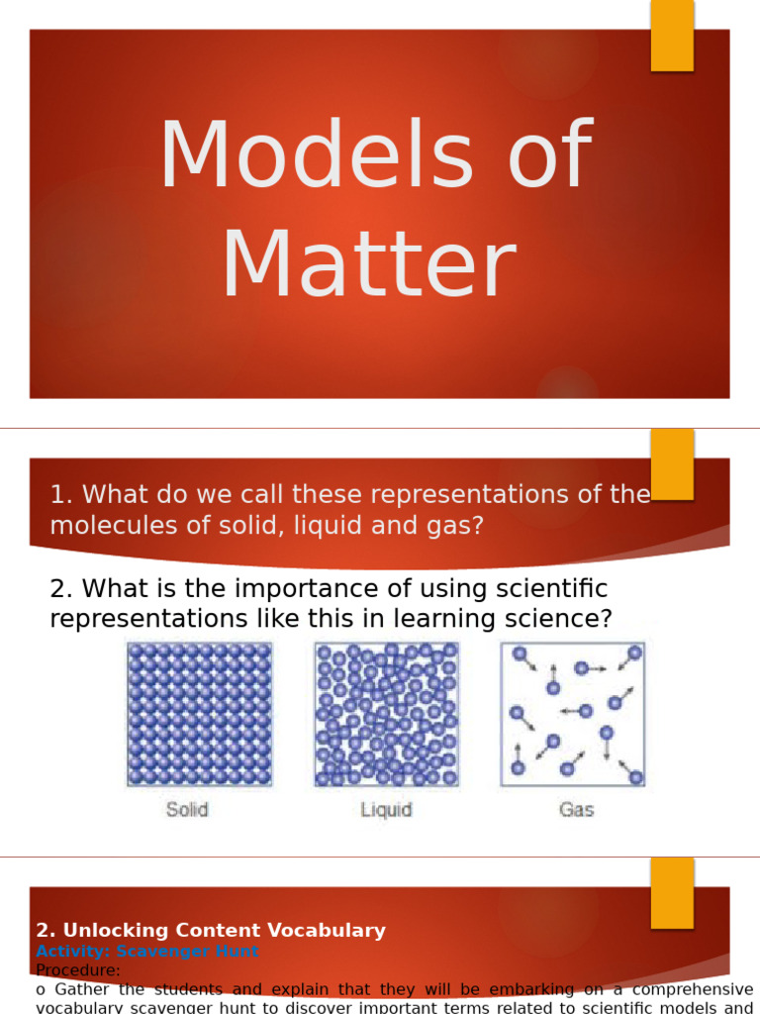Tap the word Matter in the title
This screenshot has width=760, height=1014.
coord(368,265)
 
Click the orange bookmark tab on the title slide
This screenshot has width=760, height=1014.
coord(672,36)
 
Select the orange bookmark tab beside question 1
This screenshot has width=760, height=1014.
coord(672,463)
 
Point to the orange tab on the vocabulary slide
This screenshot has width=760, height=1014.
coord(672,892)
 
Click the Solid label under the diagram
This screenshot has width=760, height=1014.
coord(187,809)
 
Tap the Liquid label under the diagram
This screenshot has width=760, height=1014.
coord(386,810)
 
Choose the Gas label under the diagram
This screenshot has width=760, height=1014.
coord(576,809)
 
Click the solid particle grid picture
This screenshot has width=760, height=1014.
coord(199,714)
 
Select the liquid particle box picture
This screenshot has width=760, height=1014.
coord(387,714)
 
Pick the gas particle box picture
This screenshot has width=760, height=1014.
coord(573,714)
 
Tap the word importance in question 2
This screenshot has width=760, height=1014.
coord(299,588)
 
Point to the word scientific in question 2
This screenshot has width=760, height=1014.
coord(545,588)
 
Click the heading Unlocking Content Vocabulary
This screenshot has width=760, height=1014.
coord(211,930)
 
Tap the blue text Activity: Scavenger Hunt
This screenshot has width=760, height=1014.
coord(147,951)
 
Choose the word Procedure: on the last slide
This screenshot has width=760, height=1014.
coord(78,970)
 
